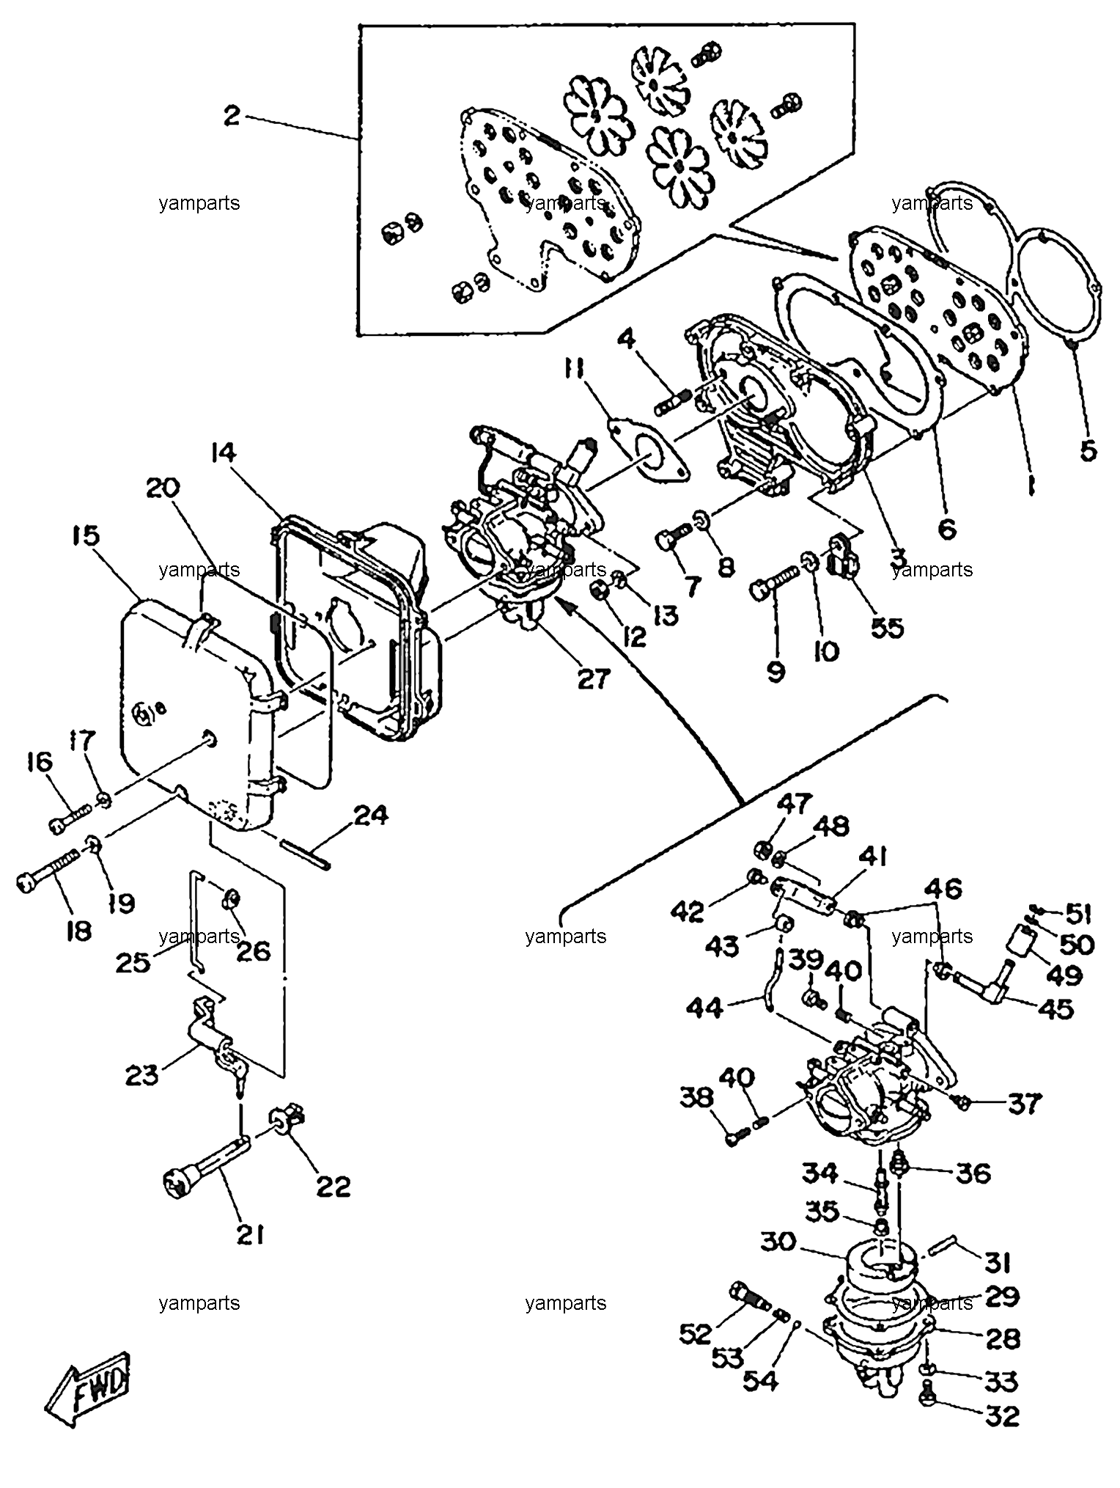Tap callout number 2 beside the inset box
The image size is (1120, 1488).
[232, 116]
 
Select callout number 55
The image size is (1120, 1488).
[887, 628]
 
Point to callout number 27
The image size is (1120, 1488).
[593, 679]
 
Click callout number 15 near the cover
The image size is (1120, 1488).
[86, 535]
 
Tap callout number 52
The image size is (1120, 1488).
[696, 1334]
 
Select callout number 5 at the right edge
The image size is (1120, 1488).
[1088, 450]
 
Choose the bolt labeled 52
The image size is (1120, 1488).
[750, 1297]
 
